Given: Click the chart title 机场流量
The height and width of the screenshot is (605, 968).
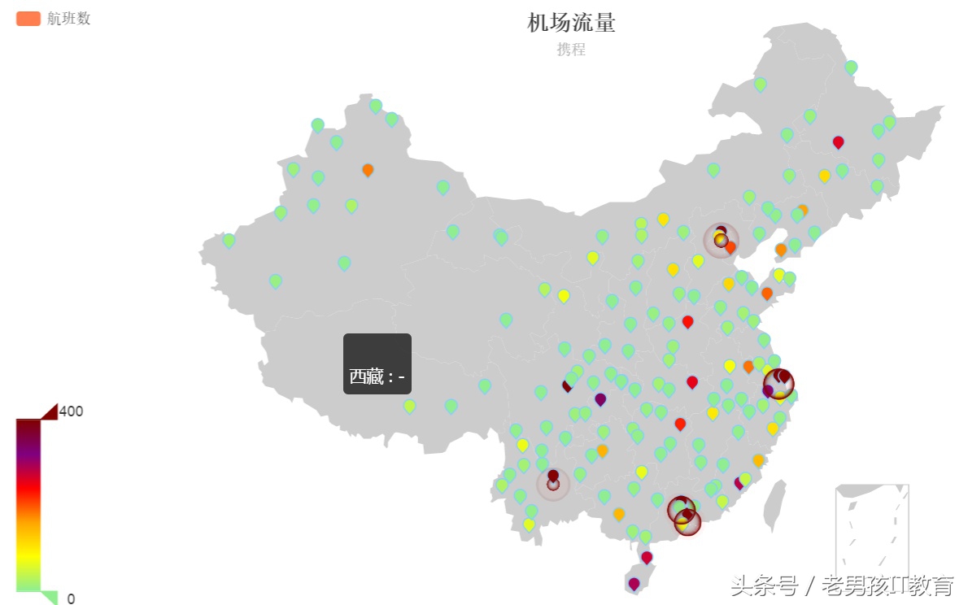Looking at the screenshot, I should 571,23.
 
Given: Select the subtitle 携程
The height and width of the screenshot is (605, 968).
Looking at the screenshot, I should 571,50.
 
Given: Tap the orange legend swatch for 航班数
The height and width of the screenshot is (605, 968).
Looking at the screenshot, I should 28,19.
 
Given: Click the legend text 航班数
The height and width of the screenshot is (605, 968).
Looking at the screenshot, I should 68,19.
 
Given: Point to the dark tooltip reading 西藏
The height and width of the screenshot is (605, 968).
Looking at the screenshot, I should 377,364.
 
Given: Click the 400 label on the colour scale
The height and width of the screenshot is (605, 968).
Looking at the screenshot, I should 71,411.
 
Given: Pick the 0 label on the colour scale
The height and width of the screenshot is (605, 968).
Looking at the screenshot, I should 71,598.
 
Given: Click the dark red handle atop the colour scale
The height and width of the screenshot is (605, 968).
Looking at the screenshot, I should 48,412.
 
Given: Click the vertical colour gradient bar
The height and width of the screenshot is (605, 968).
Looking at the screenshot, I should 28,504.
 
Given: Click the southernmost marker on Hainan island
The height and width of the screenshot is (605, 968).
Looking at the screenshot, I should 634,583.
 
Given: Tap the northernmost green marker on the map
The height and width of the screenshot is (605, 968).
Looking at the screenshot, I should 851,67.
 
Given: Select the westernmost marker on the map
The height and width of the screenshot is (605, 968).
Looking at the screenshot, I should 229,240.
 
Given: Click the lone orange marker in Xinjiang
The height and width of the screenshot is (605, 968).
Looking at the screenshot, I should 368,169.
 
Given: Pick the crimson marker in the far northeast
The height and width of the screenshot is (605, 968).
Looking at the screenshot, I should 839,141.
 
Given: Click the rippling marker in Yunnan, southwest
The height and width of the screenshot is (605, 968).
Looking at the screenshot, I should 553,483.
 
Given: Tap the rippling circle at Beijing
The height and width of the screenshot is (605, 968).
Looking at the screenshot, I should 721,240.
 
